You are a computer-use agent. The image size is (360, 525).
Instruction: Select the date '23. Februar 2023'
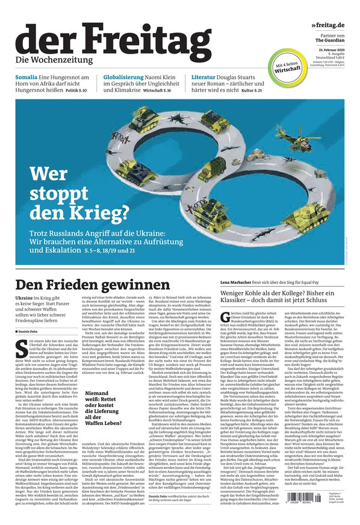click(x=331, y=48)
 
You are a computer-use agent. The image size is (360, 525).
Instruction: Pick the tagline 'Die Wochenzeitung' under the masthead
click(x=54, y=60)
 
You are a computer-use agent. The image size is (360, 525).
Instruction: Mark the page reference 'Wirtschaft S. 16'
click(x=162, y=90)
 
